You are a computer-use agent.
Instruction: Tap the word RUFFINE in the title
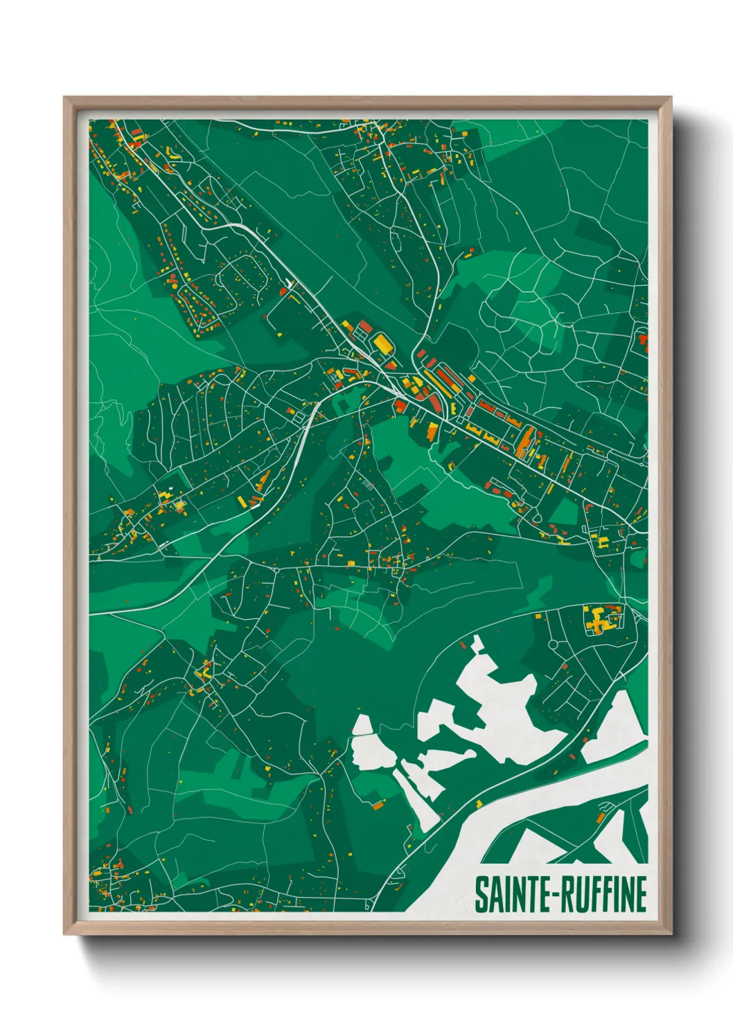point(603,894)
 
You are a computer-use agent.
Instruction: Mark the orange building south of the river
point(601,820)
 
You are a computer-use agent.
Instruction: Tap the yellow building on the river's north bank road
point(479,803)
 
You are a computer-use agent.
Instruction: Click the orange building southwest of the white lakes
point(378,805)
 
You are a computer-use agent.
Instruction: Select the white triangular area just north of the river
point(617,727)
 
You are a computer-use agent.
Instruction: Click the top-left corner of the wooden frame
point(64,98)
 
